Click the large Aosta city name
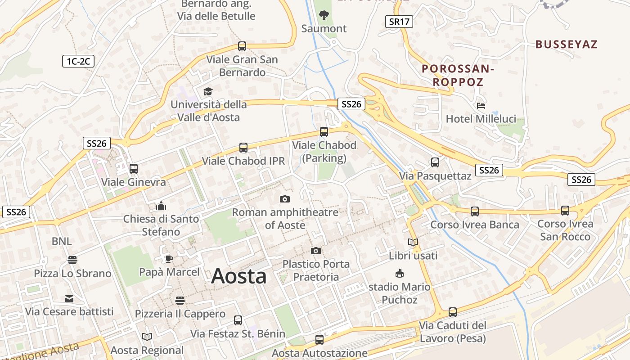point(238,276)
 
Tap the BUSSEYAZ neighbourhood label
point(566,44)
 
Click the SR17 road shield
point(399,21)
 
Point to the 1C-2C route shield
point(78,61)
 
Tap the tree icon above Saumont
point(324,15)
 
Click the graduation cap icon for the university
point(207,91)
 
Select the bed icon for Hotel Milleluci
point(481,106)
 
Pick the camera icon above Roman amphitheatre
point(284,199)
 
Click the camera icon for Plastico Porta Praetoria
point(316,251)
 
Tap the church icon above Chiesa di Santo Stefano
point(161,206)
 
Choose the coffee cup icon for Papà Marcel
point(169,258)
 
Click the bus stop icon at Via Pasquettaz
point(435,162)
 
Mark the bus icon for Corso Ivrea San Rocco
point(565,210)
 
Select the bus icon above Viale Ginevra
point(133,169)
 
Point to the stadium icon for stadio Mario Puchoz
point(399,273)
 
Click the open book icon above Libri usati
point(413,242)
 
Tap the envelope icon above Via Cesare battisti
point(69,298)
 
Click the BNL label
point(61,241)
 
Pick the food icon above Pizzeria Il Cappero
point(180,300)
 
